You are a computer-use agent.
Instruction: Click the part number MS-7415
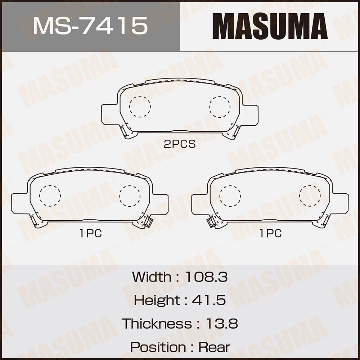tap(90, 26)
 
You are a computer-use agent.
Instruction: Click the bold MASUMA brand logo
tap(270, 26)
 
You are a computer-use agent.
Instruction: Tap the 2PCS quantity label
tap(180, 144)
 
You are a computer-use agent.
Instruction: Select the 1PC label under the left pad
tap(90, 234)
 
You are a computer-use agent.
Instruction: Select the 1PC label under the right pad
tap(270, 234)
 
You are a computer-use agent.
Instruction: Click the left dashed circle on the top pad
tap(140, 107)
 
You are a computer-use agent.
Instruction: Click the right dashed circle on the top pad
tap(220, 107)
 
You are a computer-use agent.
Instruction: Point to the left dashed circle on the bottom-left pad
tap(50, 196)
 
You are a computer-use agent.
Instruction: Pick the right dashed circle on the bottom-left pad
tap(130, 196)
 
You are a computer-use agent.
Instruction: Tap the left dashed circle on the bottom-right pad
tap(230, 196)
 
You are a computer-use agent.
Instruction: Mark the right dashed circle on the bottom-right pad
tap(310, 196)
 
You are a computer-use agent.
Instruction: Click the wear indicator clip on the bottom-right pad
tap(211, 222)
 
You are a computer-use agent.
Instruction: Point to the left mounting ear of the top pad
tap(109, 114)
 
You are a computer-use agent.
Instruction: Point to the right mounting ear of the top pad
tap(251, 114)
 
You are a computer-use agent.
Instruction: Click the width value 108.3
tap(206, 277)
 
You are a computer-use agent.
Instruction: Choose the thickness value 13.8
tap(221, 324)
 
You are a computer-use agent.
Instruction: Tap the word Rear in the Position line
tap(214, 347)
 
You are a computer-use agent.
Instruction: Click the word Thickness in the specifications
tap(157, 324)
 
